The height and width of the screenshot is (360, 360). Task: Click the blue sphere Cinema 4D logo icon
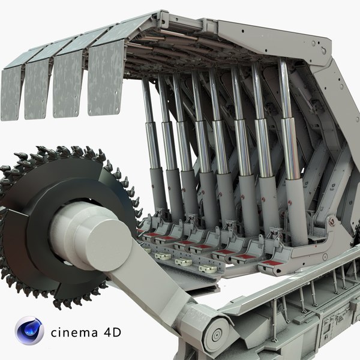[29, 331]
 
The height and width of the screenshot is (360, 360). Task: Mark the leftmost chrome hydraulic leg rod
[148, 120]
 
